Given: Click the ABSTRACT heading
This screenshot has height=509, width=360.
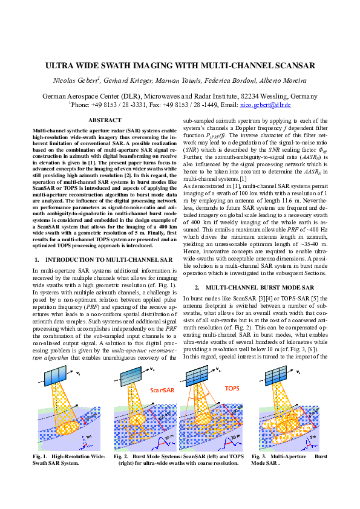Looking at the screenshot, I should pyautogui.click(x=105, y=120).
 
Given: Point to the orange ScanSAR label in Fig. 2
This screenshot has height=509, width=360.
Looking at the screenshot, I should pyautogui.click(x=163, y=391).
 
